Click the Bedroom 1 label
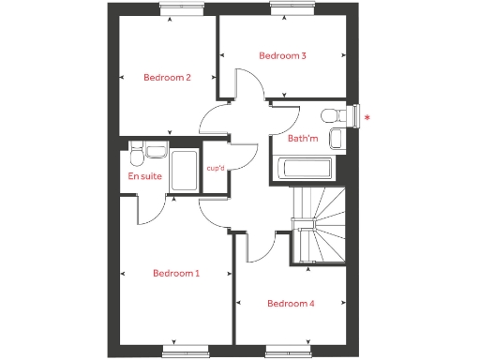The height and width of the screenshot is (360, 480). point(176,274)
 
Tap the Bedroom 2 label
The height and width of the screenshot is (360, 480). point(167,78)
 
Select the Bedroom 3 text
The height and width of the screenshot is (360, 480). point(282,56)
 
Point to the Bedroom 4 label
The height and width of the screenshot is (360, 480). point(291,304)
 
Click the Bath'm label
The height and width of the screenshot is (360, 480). point(303,139)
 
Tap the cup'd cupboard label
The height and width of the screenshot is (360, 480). point(216,168)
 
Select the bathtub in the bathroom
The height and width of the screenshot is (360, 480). point(302,170)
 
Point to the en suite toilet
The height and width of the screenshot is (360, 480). point(136,151)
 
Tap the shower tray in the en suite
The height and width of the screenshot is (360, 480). point(185,172)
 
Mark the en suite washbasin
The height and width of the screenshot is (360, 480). point(157,151)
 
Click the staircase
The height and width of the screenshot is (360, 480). point(318,224)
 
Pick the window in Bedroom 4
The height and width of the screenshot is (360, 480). point(291,352)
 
